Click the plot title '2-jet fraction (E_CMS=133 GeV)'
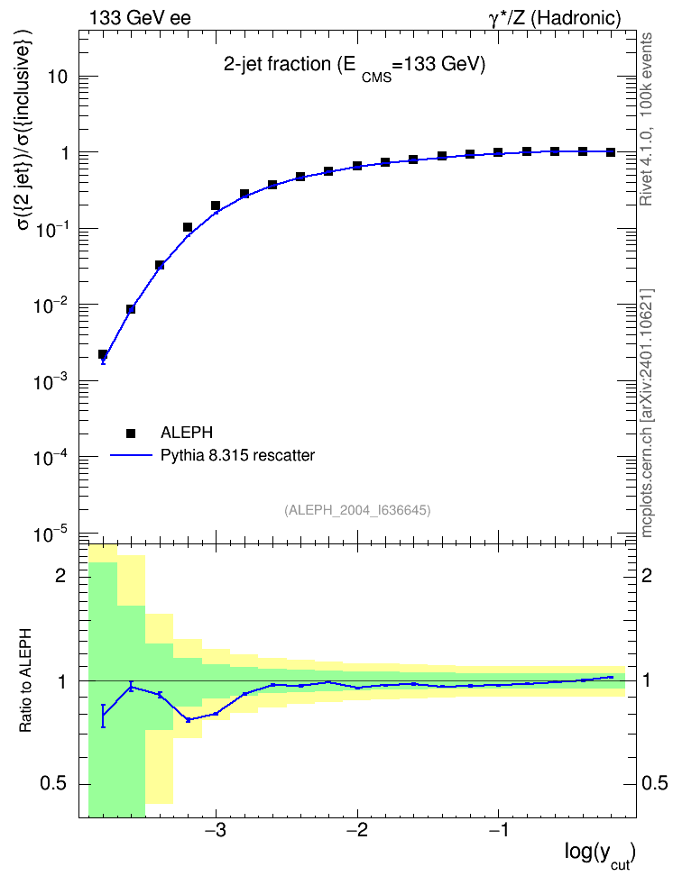(x=355, y=67)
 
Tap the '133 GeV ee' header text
(x=140, y=18)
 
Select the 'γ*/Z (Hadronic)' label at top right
(x=555, y=19)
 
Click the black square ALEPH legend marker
(x=131, y=433)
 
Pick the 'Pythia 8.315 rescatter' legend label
(x=237, y=456)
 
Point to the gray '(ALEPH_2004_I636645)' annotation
(x=357, y=510)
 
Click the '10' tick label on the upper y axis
(x=58, y=78)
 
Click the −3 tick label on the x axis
(x=216, y=830)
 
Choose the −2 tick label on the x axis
(x=357, y=830)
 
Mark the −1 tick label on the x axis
(x=499, y=830)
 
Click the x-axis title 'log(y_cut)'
(x=600, y=854)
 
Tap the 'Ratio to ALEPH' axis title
(x=25, y=680)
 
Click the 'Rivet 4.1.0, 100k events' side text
(x=646, y=119)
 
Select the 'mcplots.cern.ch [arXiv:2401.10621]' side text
(x=646, y=413)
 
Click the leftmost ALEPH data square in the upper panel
(x=102, y=354)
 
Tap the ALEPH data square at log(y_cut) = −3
(x=216, y=205)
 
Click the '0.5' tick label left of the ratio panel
(x=53, y=784)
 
